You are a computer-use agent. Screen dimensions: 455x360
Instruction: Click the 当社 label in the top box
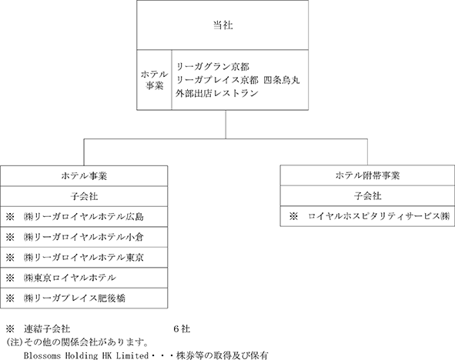(222, 25)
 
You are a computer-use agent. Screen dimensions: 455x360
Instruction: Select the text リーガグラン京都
(212, 67)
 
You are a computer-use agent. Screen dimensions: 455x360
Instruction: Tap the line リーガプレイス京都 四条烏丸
(238, 80)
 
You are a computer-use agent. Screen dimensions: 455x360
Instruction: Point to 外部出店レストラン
(217, 93)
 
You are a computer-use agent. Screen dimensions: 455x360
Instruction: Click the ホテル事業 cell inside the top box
(155, 80)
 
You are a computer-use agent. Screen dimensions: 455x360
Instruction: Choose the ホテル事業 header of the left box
(84, 176)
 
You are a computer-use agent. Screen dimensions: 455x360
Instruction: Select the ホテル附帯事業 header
(367, 175)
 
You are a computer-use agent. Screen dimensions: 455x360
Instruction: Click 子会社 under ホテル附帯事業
(367, 196)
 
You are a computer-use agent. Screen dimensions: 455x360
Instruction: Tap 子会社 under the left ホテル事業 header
(84, 196)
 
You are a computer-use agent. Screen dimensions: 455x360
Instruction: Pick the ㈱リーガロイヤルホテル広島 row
(84, 217)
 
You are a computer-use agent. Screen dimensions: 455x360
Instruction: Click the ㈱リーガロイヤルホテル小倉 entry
(84, 237)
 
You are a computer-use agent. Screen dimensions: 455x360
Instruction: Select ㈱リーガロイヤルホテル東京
(84, 258)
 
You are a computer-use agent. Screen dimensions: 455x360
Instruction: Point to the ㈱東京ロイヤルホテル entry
(70, 278)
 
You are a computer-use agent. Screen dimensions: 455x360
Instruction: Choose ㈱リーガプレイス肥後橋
(75, 298)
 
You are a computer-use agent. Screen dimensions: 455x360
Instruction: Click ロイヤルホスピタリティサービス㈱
(379, 216)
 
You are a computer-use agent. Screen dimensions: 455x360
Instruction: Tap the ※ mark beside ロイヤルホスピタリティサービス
(293, 216)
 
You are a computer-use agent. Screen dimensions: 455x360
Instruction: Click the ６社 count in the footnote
(182, 329)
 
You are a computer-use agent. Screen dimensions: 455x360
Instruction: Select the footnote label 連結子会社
(47, 329)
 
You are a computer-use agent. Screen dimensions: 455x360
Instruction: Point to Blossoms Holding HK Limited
(86, 355)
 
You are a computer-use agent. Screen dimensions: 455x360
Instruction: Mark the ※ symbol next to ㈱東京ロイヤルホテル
(10, 278)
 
